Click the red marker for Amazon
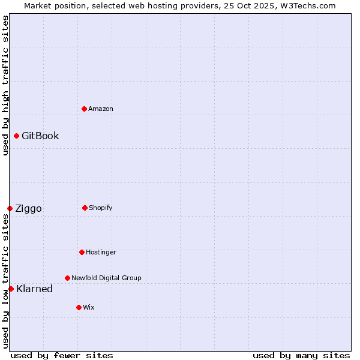point(84,109)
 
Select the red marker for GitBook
point(16,136)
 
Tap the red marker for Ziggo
point(10,208)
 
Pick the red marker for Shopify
point(85,208)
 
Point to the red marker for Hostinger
point(82,252)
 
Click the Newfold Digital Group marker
point(67,278)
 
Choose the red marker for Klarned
point(11,289)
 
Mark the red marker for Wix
point(79,307)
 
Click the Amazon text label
point(101,109)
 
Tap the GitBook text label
point(40,136)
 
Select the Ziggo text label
point(28,208)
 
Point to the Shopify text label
point(101,208)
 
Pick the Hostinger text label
point(101,252)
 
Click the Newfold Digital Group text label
point(106,278)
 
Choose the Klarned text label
point(34,289)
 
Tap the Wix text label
point(89,307)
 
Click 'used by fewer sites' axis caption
point(62,355)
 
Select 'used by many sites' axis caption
point(301,355)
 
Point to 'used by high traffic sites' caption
point(5,85)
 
